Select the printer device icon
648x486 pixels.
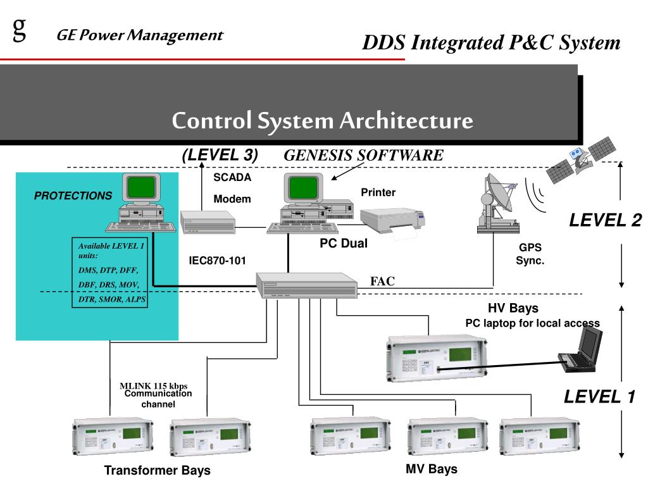pos(396,221)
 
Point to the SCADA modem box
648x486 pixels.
pos(208,221)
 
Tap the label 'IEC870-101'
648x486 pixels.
pos(217,260)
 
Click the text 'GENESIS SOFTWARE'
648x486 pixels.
pos(363,155)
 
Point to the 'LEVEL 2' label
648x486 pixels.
pos(605,220)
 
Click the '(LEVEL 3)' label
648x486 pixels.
pos(220,154)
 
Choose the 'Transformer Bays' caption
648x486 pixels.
pos(157,471)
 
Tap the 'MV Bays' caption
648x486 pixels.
pos(431,469)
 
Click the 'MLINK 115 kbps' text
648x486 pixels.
pos(154,385)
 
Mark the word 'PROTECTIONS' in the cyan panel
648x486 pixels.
pos(73,196)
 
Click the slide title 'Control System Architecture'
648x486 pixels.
pos(322,120)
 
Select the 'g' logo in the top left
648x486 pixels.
pos(20,28)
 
